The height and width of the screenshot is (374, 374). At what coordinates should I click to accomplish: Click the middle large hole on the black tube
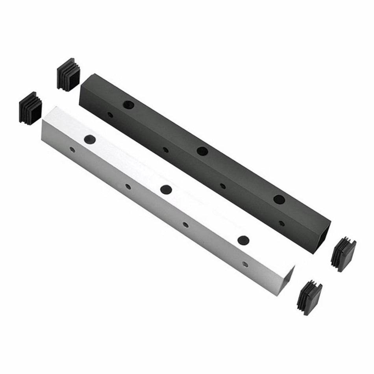coord(202,151)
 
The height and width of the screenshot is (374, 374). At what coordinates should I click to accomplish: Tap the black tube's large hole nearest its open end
coord(279,199)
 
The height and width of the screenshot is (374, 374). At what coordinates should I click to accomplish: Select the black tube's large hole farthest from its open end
coord(128,105)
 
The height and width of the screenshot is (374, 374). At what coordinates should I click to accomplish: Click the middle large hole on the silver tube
coord(166,189)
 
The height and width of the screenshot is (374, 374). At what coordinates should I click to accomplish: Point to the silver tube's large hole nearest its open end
coord(244,239)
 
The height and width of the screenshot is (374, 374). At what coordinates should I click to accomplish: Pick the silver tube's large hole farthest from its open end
coord(90,139)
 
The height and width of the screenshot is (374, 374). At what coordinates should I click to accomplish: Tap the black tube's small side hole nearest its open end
coord(281,223)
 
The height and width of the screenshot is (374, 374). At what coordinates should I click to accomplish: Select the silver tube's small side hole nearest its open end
coord(245,264)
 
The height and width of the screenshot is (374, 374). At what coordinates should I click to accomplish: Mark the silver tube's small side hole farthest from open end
coord(72,150)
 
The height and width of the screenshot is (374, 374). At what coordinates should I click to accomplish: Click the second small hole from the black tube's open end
coord(222,186)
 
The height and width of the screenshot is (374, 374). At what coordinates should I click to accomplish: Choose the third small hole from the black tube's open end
coord(165,150)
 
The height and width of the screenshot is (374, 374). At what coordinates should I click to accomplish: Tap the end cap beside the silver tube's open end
coord(310,297)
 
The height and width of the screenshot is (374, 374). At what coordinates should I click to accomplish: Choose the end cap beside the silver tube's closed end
coord(31,108)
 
